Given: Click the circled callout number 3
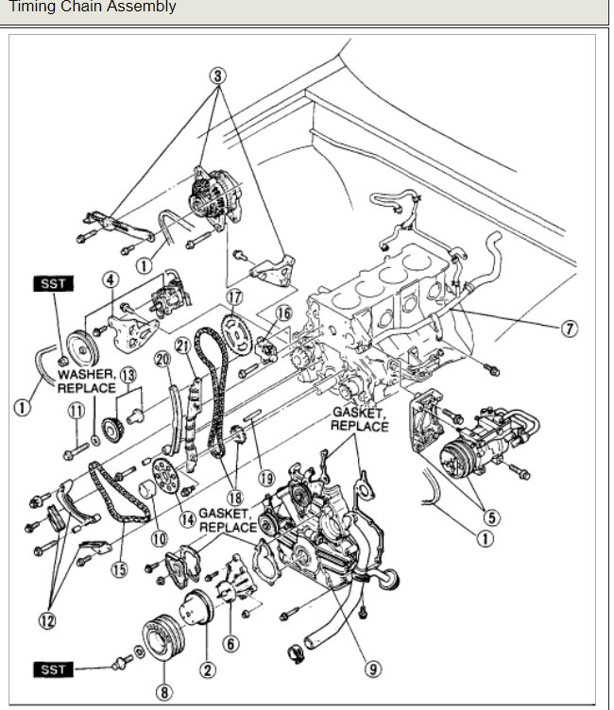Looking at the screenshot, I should (x=219, y=75).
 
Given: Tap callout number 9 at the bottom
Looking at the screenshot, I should (x=375, y=668).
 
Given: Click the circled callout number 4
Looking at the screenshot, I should (x=111, y=279).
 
